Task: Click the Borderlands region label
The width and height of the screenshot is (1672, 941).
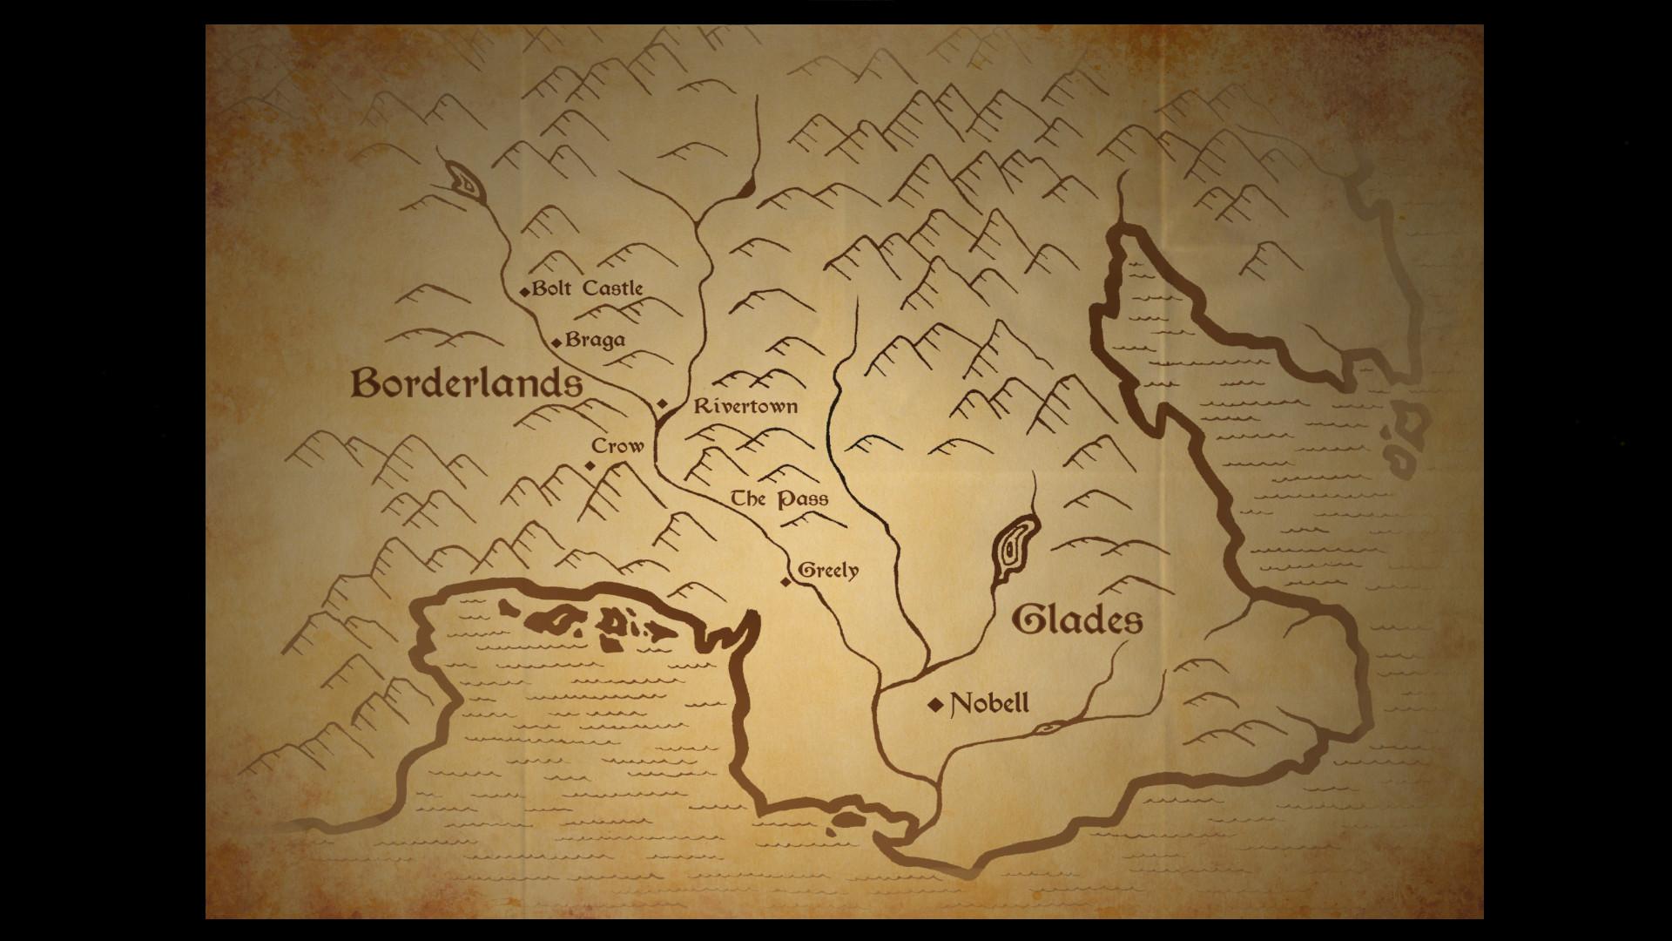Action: tap(467, 383)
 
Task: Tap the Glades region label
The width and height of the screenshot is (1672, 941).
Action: tap(1077, 620)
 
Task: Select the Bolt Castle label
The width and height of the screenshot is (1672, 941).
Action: tap(587, 288)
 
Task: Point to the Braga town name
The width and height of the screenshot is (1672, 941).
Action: tap(595, 340)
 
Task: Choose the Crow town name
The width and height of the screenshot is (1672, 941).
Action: tap(617, 446)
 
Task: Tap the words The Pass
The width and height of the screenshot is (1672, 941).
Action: tap(779, 499)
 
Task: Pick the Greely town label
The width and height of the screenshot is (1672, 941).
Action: tap(828, 571)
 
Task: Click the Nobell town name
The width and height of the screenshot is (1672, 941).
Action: tap(989, 703)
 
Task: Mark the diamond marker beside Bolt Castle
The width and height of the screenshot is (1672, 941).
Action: tap(524, 292)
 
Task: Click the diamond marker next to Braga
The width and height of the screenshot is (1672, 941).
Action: tap(556, 342)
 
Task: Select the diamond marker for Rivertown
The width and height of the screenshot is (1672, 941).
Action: tap(662, 404)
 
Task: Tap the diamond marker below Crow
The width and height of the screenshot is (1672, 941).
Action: tap(590, 466)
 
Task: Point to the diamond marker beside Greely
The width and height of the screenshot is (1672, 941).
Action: tap(785, 581)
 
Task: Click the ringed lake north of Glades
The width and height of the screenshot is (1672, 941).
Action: tap(1013, 551)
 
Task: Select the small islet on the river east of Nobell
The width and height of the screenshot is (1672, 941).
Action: tap(1048, 727)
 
